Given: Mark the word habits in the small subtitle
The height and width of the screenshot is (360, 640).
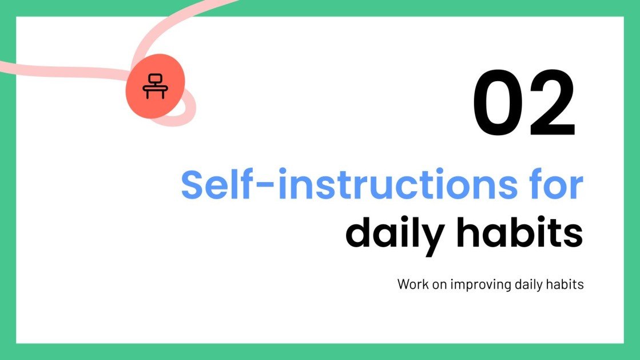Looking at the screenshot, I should pyautogui.click(x=566, y=284).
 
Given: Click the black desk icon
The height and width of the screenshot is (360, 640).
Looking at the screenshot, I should pyautogui.click(x=154, y=86).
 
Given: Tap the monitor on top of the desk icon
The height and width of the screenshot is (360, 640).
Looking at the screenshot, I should pyautogui.click(x=154, y=79).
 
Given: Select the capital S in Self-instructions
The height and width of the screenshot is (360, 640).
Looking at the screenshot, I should pyautogui.click(x=194, y=184).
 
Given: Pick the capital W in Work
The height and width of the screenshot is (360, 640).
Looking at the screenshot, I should pyautogui.click(x=403, y=284).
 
